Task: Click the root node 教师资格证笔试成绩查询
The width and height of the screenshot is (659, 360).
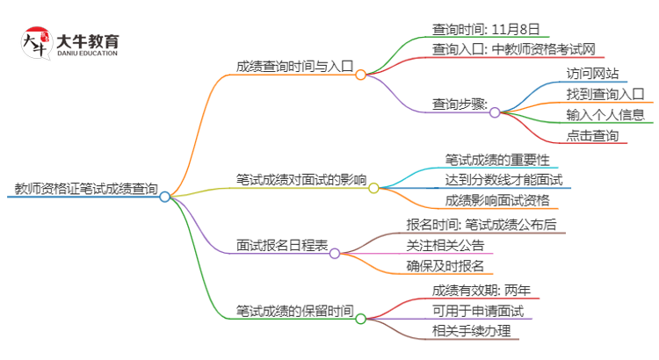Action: (x=86, y=188)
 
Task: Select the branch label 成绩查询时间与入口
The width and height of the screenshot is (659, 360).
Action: (x=293, y=66)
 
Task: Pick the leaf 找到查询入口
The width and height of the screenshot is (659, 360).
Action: (x=605, y=93)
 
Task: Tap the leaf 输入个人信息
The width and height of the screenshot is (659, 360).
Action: (x=605, y=114)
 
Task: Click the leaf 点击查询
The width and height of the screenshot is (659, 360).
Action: (x=593, y=135)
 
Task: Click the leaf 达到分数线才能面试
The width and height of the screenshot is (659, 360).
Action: (x=503, y=180)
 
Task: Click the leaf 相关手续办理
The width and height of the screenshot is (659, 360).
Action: (x=470, y=331)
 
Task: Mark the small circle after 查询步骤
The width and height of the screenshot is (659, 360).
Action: (x=495, y=112)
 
